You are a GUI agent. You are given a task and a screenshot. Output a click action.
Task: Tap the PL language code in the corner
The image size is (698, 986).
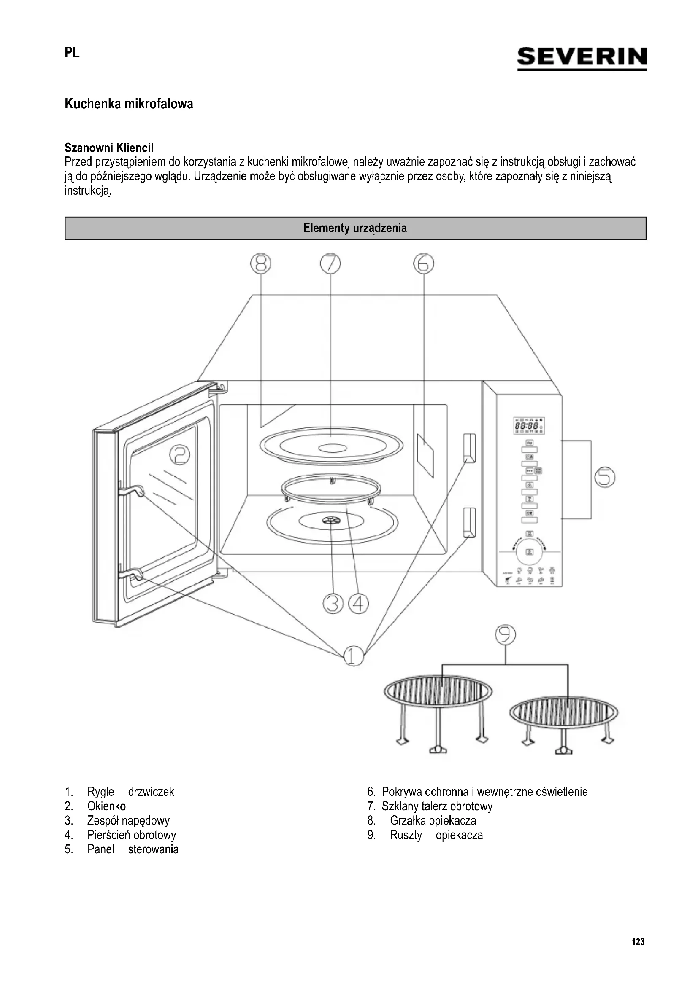point(72,53)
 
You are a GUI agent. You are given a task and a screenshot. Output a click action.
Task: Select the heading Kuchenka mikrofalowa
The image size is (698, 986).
point(129,104)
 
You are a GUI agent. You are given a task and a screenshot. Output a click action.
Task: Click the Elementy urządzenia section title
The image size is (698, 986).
point(355,228)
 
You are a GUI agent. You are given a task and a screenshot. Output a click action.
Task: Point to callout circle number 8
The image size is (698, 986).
point(261,263)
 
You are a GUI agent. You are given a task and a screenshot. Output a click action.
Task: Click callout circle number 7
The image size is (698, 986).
point(330,263)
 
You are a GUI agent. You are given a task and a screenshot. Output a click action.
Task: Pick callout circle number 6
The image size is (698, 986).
point(423,263)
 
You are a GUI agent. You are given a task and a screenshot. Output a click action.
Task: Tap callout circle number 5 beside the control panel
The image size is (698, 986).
point(605,478)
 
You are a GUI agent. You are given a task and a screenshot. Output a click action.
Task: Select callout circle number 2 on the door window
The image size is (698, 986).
point(179,454)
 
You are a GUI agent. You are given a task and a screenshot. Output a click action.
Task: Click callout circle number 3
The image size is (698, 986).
point(333,604)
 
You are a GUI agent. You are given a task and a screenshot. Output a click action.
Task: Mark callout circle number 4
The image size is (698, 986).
point(358,604)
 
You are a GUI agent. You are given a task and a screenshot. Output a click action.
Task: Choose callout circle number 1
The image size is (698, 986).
point(354,656)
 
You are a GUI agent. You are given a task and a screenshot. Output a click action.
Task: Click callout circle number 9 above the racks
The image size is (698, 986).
point(505,635)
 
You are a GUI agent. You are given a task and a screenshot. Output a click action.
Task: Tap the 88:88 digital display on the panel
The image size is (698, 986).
point(528,426)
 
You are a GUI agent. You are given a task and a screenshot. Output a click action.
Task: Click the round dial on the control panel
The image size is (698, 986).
point(530,552)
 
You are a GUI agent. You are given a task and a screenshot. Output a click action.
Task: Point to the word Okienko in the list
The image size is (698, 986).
point(107,806)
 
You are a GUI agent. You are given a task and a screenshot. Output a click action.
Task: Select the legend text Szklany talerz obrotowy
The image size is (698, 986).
point(437,806)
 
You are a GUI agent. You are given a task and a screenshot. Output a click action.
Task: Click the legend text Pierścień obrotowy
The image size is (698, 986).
point(132,835)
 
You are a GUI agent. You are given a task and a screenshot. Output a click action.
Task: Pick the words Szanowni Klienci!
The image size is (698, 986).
point(109,148)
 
